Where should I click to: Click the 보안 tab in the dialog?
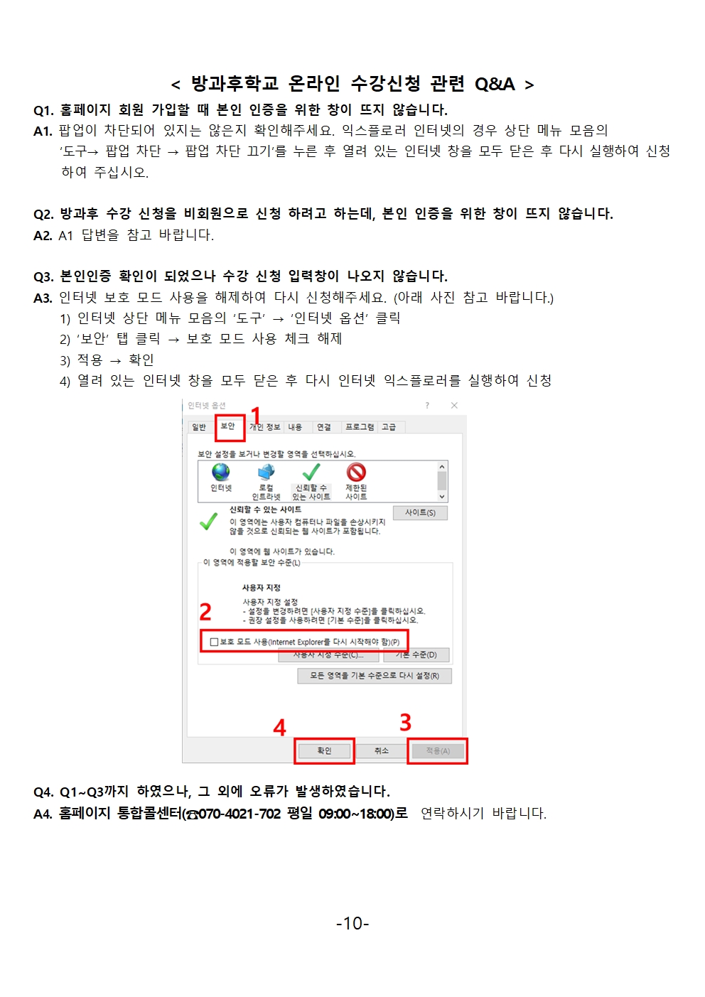click(228, 426)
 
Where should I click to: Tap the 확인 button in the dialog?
click(324, 750)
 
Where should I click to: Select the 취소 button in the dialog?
click(382, 750)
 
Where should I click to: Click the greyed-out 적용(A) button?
click(438, 751)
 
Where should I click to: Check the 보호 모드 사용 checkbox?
click(214, 642)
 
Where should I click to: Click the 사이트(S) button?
click(420, 513)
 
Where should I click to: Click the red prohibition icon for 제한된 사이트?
click(356, 473)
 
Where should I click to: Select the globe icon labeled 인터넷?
click(221, 473)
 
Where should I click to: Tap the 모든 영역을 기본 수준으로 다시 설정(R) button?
click(375, 676)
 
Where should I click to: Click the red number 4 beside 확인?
click(279, 727)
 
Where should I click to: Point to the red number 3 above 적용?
click(406, 722)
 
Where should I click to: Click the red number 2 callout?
click(205, 612)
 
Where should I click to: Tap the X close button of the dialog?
click(454, 405)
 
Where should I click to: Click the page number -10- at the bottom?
click(352, 923)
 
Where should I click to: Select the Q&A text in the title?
click(495, 84)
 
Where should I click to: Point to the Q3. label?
click(43, 276)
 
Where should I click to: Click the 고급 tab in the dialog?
click(389, 427)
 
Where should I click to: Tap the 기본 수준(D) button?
click(416, 654)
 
